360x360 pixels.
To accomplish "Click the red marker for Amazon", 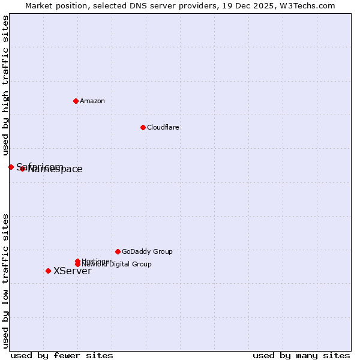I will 76,101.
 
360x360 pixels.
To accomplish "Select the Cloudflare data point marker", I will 143,127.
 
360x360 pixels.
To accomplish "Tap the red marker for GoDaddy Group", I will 118,251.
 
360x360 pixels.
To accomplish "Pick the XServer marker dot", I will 48,271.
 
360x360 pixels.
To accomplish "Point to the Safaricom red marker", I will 11,167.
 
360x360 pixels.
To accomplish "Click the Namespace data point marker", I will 22,169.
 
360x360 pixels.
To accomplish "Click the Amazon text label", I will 92,101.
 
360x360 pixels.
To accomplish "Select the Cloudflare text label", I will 163,127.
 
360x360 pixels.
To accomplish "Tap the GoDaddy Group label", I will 147,251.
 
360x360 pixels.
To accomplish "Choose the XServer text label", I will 72,271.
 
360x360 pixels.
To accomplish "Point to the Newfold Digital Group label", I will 116,264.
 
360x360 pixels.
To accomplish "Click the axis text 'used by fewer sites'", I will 62,355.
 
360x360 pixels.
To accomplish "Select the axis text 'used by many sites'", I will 301,355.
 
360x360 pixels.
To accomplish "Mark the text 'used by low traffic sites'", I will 5,281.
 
